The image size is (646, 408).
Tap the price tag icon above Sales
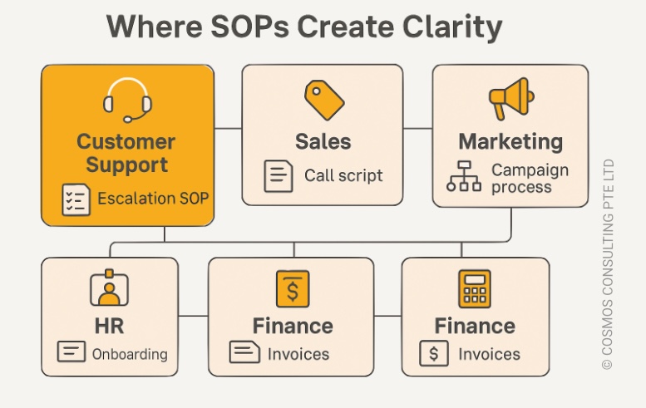pos(324,100)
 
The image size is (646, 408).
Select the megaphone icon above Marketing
pos(511,99)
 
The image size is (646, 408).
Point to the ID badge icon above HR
pos(109,288)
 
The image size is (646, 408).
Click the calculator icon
pos(475,288)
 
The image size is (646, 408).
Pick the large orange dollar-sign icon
pos(293,288)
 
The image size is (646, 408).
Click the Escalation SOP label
pos(153,199)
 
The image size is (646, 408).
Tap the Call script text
pos(343,176)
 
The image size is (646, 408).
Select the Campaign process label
pos(530,179)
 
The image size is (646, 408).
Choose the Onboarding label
pos(130,354)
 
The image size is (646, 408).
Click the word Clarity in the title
pos(452,27)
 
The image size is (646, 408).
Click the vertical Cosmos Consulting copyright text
pos(608,264)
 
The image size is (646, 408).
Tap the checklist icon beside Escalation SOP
pos(76,199)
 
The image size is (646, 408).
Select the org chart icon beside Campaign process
pos(464,176)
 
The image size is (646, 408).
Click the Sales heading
pos(323,141)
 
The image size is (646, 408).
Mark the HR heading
pos(109,326)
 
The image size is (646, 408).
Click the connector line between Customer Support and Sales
pos(228,129)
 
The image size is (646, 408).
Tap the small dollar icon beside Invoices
pos(434,353)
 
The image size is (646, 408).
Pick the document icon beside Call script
pos(279,176)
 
